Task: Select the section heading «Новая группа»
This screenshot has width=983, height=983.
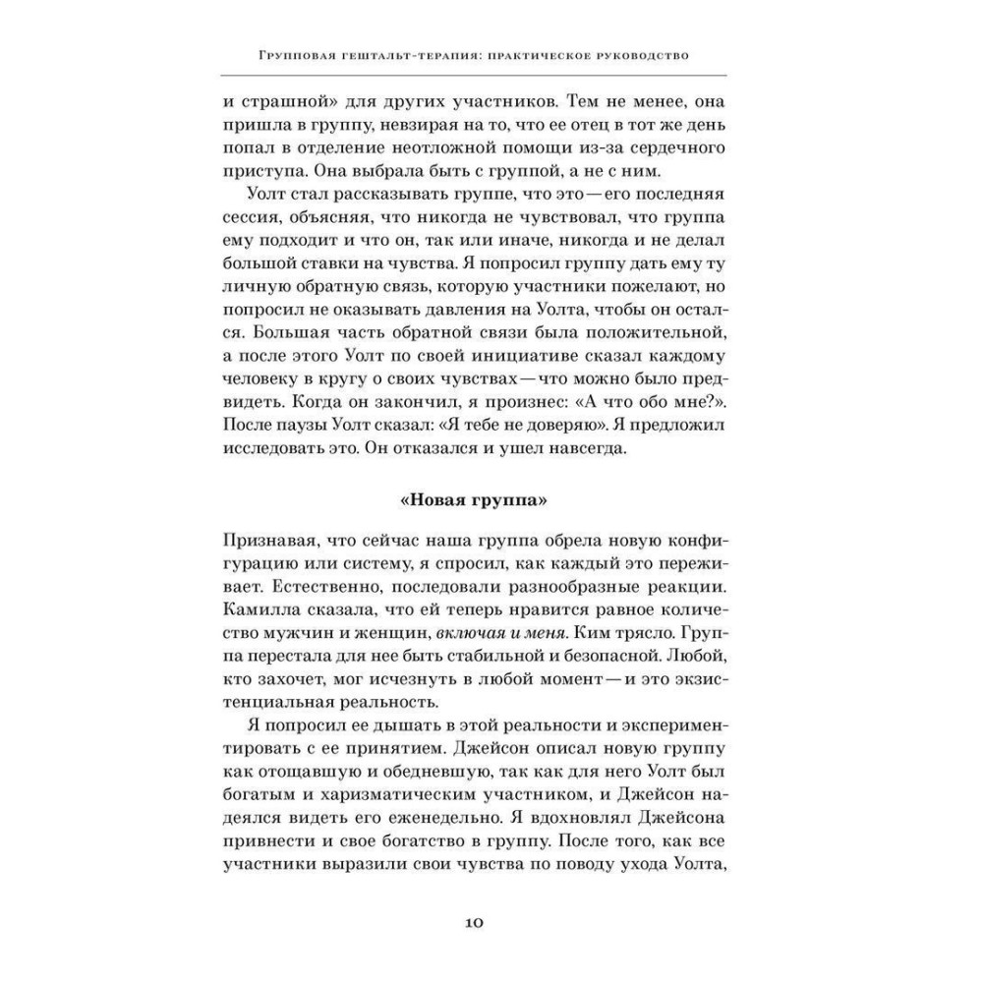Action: (x=474, y=499)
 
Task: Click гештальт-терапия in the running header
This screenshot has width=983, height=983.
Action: (x=391, y=55)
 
